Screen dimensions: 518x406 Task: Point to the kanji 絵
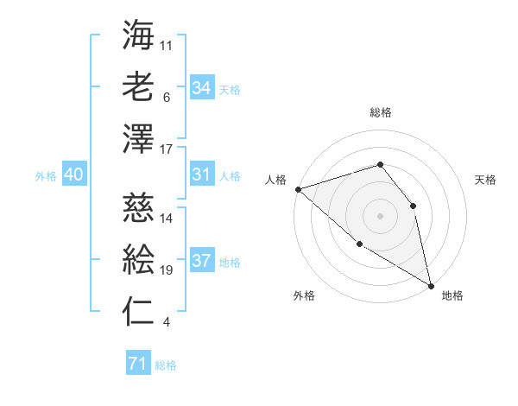coord(138,258)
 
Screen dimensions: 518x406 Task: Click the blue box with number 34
coord(201,87)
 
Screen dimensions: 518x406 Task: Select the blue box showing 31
coord(201,175)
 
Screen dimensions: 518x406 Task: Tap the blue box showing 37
coord(201,262)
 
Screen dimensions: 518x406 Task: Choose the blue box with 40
coord(73,175)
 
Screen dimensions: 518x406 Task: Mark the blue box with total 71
coord(137,364)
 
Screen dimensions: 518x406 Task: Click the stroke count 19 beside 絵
coord(167,270)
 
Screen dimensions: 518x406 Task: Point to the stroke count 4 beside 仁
coord(166,323)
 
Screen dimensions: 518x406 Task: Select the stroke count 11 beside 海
coord(167,44)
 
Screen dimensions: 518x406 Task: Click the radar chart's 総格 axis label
coord(381,112)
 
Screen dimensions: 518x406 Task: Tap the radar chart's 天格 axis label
coord(486,180)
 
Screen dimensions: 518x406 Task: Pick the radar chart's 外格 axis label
coord(303,295)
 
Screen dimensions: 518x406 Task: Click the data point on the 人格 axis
coord(298,188)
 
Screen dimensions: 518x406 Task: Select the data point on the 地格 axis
coord(430,284)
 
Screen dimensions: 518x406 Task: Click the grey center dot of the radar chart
coord(380,215)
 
